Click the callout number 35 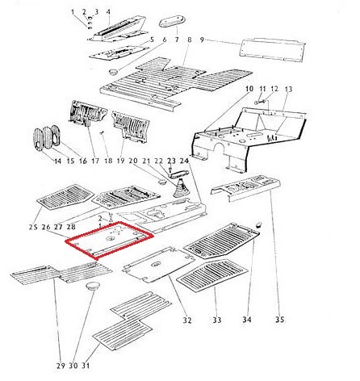coord(279,320)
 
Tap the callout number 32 coord(187,320)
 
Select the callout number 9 coord(203,40)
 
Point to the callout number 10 coord(249,89)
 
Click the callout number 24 coord(184,161)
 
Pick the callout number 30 coord(73,366)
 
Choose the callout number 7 coord(177,40)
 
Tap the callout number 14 coord(57,161)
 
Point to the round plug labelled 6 coord(113,72)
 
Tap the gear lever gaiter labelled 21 coord(180,190)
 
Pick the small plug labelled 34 coord(258,224)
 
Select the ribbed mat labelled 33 coord(212,274)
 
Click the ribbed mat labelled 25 coord(65,197)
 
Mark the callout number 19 coord(121,161)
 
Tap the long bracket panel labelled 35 coord(245,188)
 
